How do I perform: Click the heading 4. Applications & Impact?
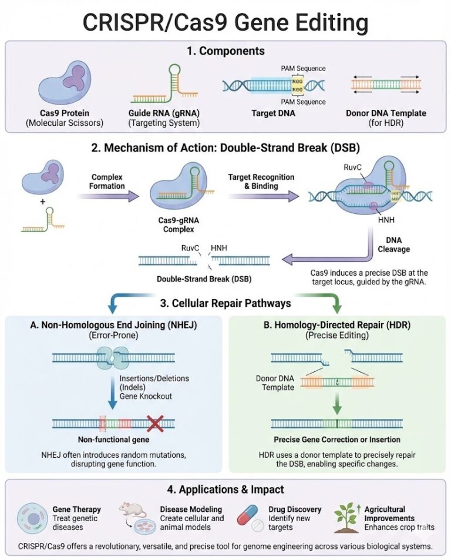click(x=225, y=489)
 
